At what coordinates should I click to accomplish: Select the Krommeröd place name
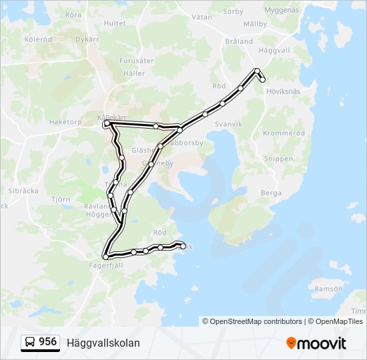(x=284, y=133)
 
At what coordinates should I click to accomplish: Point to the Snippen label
(x=278, y=159)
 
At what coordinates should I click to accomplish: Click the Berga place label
(x=271, y=192)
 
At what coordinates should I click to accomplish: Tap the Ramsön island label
(x=328, y=289)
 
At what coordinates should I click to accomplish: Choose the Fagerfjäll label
(x=106, y=265)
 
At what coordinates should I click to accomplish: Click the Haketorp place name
(x=65, y=122)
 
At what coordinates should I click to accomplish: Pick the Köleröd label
(x=38, y=39)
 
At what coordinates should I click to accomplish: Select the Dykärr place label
(x=87, y=39)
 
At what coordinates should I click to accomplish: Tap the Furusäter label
(x=136, y=61)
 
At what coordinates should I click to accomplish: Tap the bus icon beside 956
(x=31, y=342)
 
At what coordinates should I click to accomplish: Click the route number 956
(x=48, y=342)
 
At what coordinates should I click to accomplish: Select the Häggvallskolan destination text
(x=103, y=343)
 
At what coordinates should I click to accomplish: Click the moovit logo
(x=316, y=343)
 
